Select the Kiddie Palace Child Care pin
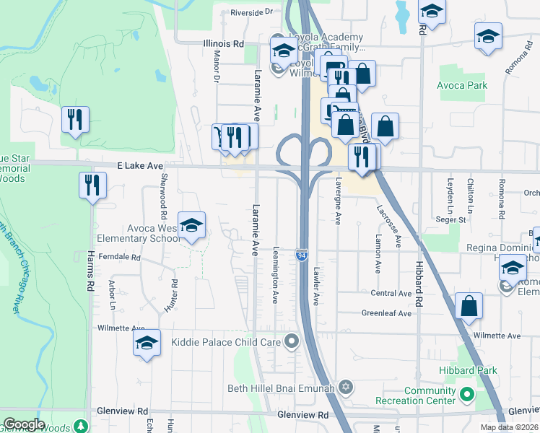(x=292, y=340)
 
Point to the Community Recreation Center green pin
(x=467, y=395)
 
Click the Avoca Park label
(x=462, y=85)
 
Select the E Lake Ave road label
(x=140, y=166)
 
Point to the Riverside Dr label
(x=253, y=12)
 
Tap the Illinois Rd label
(x=223, y=43)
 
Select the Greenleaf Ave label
(x=386, y=314)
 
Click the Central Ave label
(x=391, y=294)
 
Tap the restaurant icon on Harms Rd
(x=92, y=185)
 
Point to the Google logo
(x=24, y=424)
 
